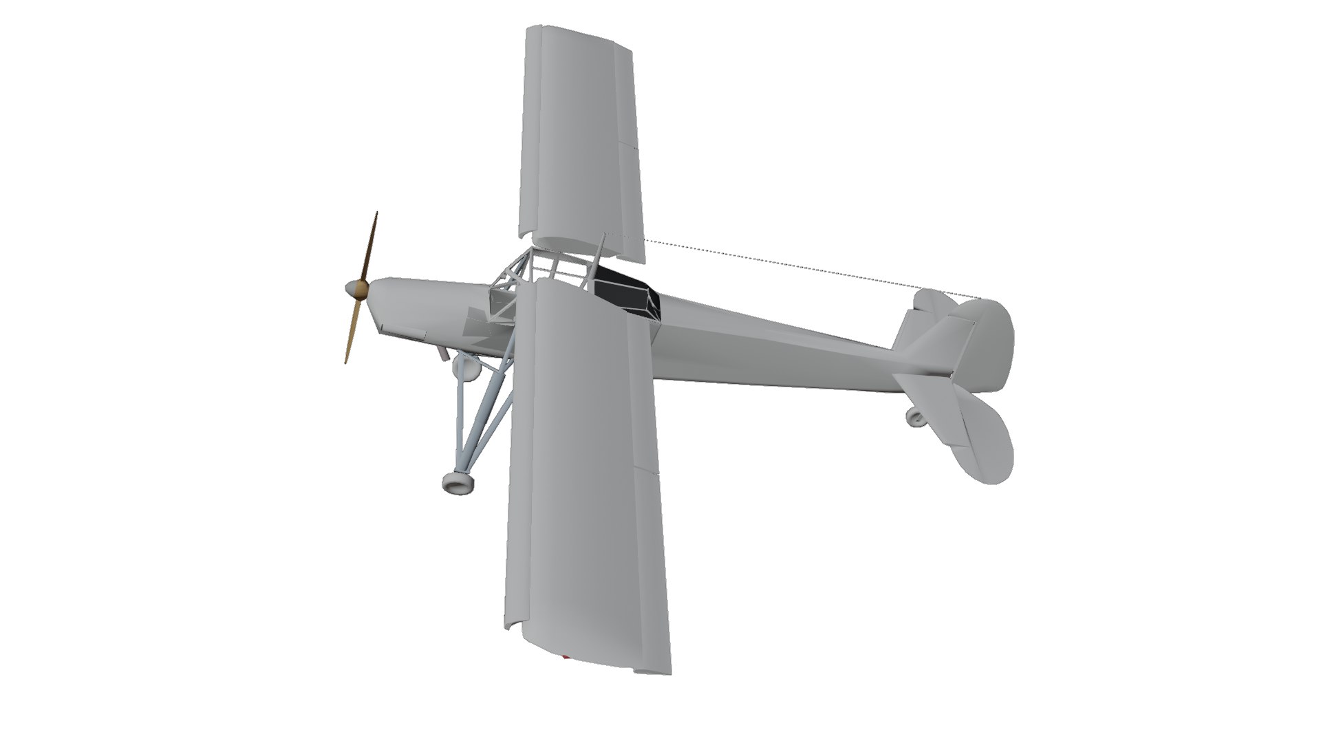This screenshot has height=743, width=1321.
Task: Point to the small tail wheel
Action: [x=914, y=416]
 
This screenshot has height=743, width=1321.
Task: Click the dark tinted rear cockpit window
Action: [x=625, y=293]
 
